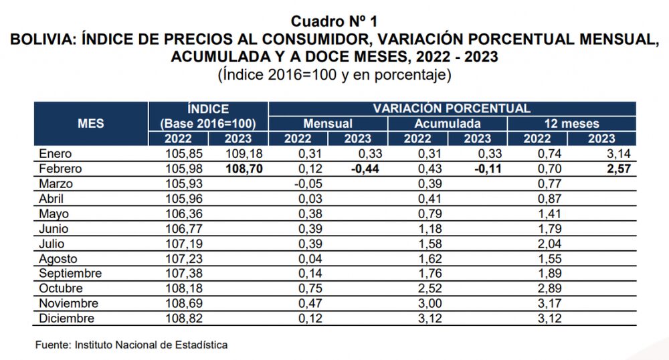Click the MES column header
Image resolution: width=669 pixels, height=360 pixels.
click(x=91, y=123)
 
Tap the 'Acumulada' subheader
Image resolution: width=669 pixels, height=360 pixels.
click(x=447, y=124)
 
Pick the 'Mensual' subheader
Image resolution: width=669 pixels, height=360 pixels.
click(x=328, y=124)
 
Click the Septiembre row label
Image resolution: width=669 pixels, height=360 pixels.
click(x=70, y=274)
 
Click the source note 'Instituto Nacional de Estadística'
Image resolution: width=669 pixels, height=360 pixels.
click(x=151, y=345)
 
